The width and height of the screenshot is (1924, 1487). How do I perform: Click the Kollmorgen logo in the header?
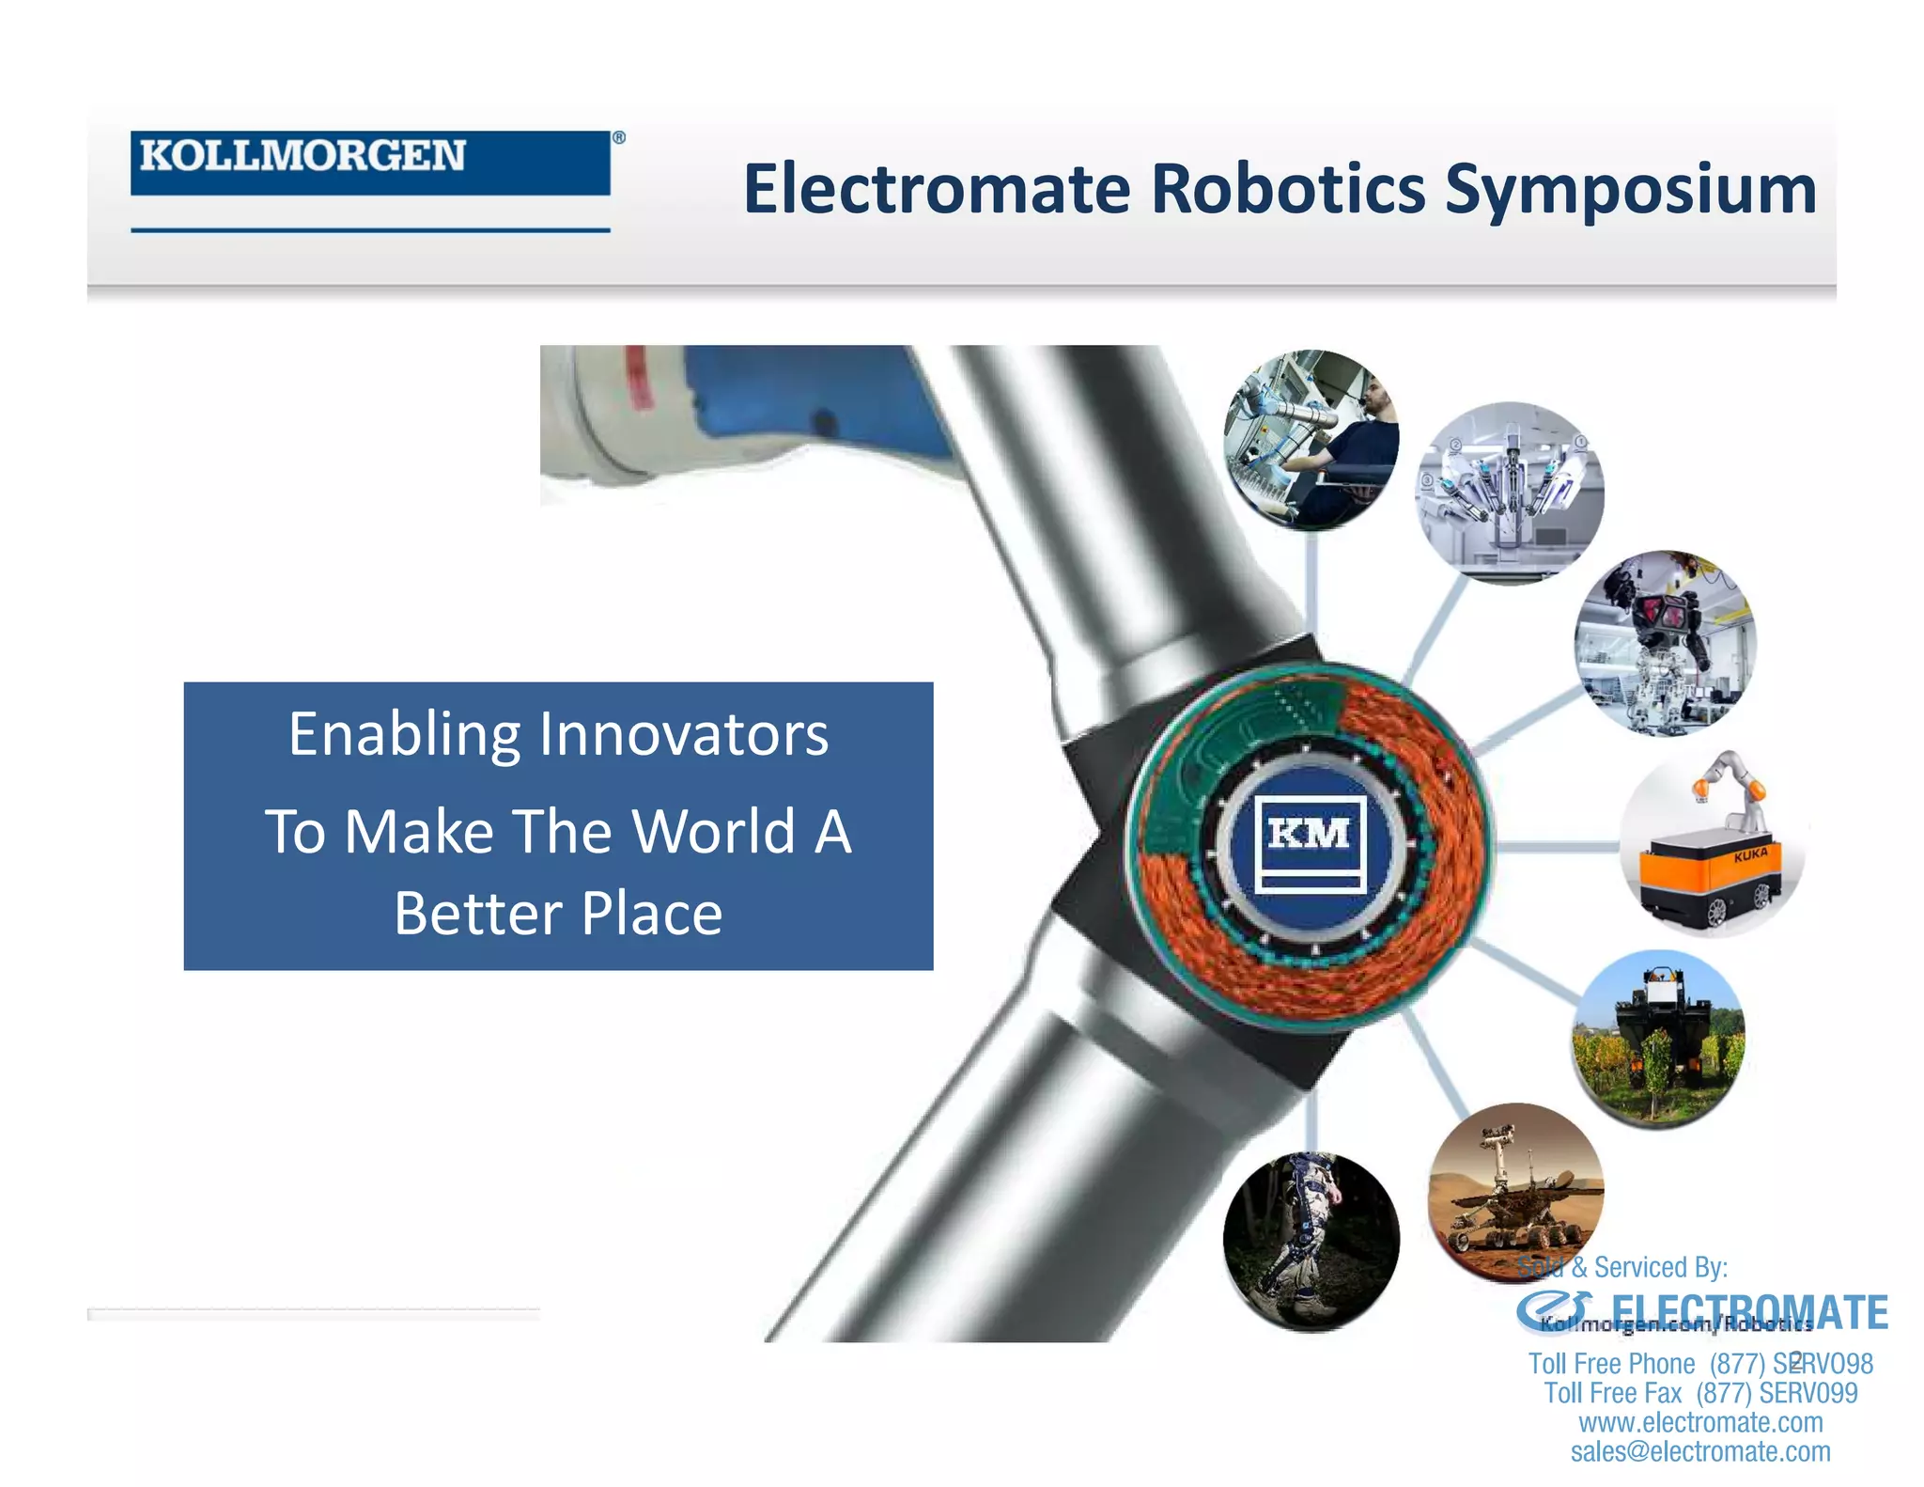[x=369, y=162]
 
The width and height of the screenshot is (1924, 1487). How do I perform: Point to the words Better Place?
[x=558, y=914]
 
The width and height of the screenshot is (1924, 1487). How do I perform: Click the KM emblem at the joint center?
[x=1310, y=842]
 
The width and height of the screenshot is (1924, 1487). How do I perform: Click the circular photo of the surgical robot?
[x=1510, y=493]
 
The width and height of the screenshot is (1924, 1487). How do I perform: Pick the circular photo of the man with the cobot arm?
[x=1311, y=440]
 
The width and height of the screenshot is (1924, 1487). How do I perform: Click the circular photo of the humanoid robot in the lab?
[x=1664, y=642]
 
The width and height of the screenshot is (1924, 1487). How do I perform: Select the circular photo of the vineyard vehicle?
[x=1658, y=1039]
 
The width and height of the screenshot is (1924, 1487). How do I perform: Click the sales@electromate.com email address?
[x=1699, y=1451]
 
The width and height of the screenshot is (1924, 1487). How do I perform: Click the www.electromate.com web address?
[x=1699, y=1422]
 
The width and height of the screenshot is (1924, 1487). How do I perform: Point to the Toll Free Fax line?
[x=1699, y=1393]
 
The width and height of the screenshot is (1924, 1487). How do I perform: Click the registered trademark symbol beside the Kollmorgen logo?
[x=619, y=137]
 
